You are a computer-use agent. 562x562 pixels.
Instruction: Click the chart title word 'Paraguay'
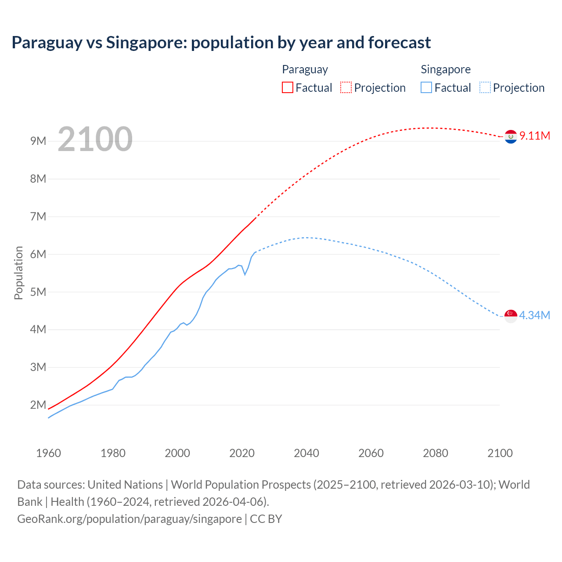(x=47, y=43)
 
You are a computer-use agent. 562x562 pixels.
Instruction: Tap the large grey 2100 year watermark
(x=95, y=139)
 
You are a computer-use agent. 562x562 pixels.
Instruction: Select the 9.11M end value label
(x=534, y=136)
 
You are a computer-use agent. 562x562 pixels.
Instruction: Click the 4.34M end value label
(x=534, y=315)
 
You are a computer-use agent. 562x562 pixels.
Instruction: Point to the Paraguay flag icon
(x=511, y=137)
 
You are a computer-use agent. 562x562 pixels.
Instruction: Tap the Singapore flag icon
(x=511, y=316)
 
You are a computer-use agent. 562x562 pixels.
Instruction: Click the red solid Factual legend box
(x=288, y=87)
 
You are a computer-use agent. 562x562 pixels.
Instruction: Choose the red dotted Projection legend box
(x=346, y=87)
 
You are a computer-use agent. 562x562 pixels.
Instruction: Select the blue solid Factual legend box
(x=426, y=87)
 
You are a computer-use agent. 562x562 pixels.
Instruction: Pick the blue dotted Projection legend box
(x=485, y=87)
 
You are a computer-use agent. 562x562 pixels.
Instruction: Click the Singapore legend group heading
(x=446, y=69)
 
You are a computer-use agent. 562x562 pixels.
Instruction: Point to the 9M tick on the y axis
(x=38, y=141)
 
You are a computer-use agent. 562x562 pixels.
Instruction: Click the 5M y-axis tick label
(x=38, y=292)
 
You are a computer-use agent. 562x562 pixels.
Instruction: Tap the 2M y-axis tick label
(x=38, y=405)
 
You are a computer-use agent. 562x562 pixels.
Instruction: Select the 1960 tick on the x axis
(x=48, y=453)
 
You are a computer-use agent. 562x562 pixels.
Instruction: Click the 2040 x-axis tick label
(x=306, y=453)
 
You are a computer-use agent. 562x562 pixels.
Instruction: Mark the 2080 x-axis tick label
(x=436, y=453)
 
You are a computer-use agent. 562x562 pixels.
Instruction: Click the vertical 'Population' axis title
(x=18, y=273)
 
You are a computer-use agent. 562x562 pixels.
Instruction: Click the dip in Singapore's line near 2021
(x=245, y=274)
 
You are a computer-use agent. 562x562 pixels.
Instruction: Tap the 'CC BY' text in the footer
(x=266, y=519)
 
